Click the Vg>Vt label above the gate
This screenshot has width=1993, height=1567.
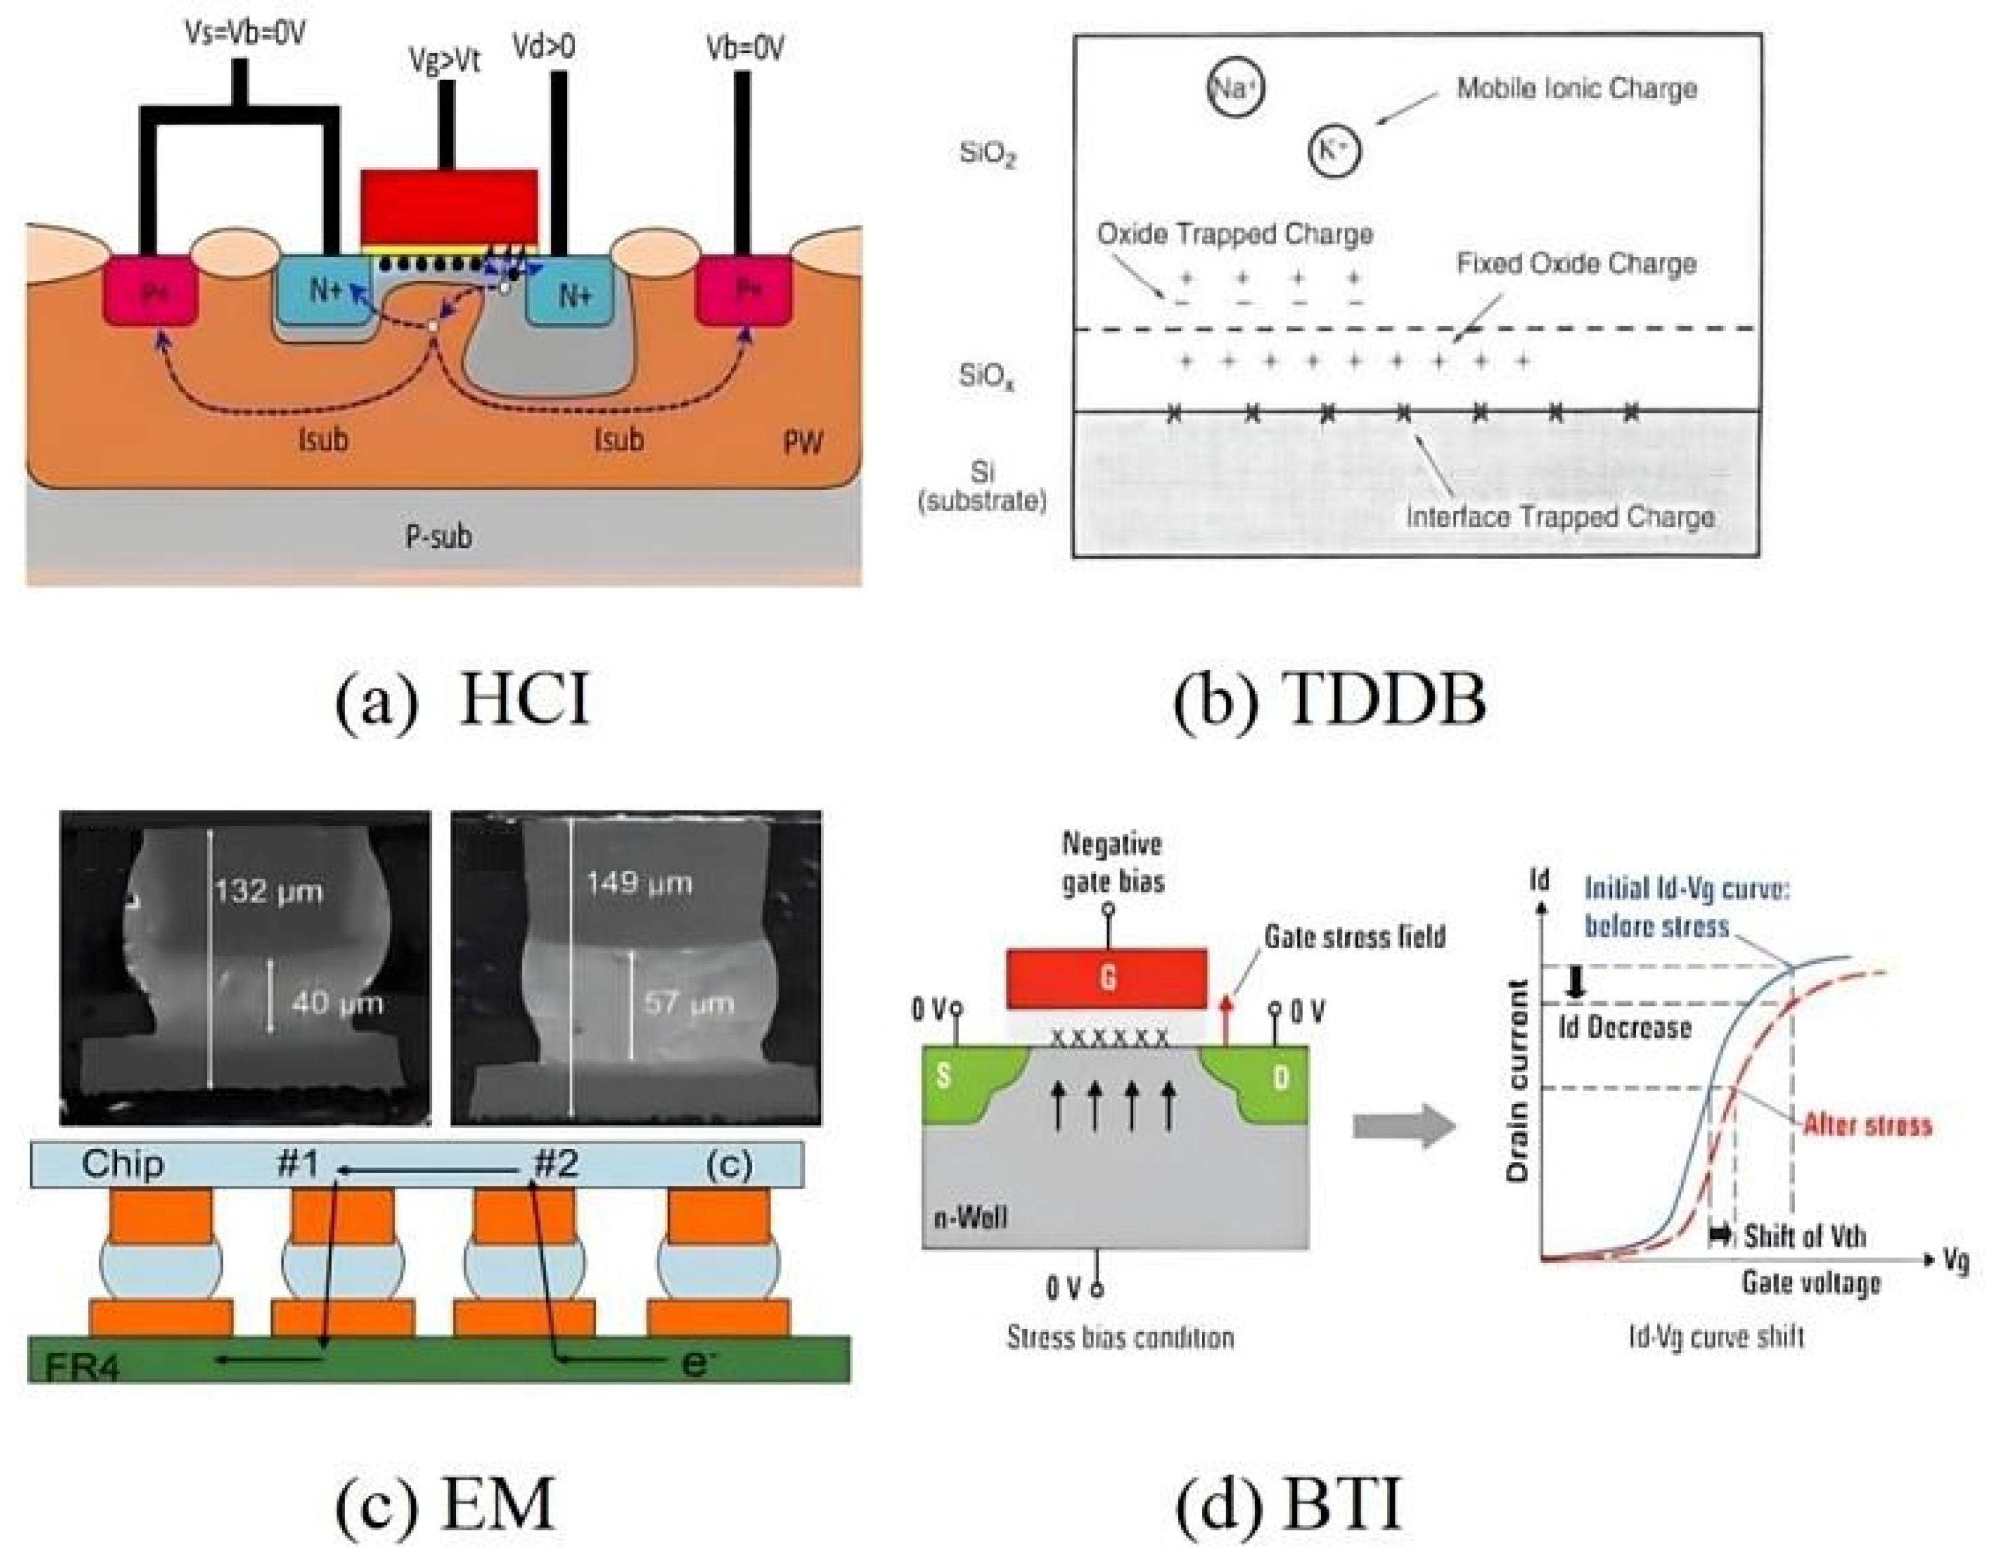pyautogui.click(x=445, y=61)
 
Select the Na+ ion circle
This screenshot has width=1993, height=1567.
pyautogui.click(x=1235, y=88)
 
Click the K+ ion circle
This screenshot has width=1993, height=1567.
pyautogui.click(x=1333, y=151)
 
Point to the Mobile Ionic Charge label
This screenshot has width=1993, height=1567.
pyautogui.click(x=1577, y=89)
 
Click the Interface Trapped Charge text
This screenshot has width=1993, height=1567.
pyautogui.click(x=1560, y=517)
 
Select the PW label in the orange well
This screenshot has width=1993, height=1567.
pyautogui.click(x=803, y=444)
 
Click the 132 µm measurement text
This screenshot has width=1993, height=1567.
pyautogui.click(x=268, y=891)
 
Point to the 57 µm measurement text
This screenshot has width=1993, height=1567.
pyautogui.click(x=689, y=1003)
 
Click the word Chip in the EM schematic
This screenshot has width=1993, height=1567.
pyautogui.click(x=123, y=1163)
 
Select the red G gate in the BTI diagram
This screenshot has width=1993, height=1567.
pyautogui.click(x=1106, y=978)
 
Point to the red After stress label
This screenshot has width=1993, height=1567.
pyautogui.click(x=1868, y=1125)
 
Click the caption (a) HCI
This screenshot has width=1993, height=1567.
pyautogui.click(x=461, y=699)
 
